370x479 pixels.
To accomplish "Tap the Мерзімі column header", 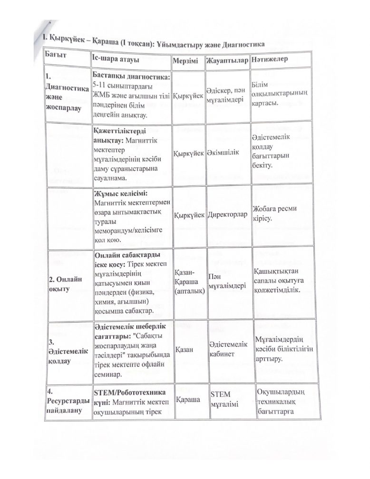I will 187,63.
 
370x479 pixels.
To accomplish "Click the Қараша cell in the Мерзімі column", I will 187,400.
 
